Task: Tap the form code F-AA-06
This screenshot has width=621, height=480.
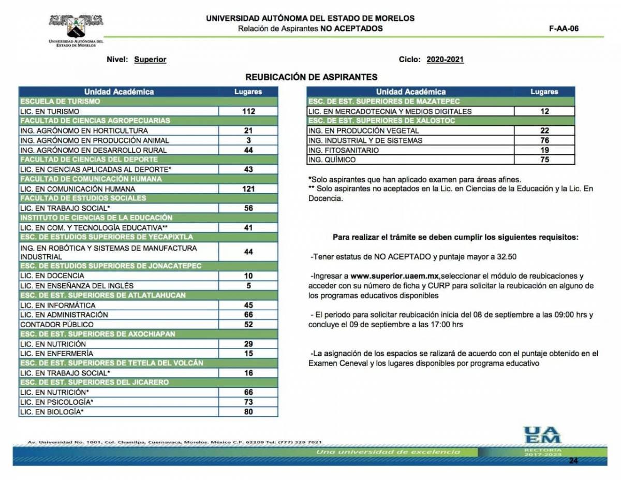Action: (564, 28)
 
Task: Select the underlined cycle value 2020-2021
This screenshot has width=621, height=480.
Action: (445, 60)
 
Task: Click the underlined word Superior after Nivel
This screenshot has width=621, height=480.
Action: (150, 60)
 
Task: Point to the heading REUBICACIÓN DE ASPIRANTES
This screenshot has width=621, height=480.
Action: (311, 77)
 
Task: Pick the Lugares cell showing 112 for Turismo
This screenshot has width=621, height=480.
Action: (248, 111)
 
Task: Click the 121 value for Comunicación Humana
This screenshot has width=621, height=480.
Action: (248, 189)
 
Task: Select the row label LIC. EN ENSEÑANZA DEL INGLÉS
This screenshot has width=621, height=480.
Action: (77, 285)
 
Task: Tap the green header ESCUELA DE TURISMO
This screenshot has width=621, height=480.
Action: (60, 101)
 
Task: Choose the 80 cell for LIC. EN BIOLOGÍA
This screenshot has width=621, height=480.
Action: (248, 412)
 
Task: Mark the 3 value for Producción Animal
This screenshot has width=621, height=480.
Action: (248, 140)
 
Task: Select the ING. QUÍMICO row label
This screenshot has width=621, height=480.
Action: (329, 160)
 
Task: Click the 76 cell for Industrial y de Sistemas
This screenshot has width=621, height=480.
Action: (544, 140)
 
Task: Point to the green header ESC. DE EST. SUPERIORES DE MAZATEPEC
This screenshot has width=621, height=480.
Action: (383, 101)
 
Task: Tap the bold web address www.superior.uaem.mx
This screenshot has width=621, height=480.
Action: (395, 276)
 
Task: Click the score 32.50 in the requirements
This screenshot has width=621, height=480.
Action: (506, 256)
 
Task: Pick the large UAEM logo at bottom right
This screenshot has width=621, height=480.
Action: (542, 435)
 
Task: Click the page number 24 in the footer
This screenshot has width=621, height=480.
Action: (573, 460)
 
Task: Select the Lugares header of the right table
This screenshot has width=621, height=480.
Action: (544, 92)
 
